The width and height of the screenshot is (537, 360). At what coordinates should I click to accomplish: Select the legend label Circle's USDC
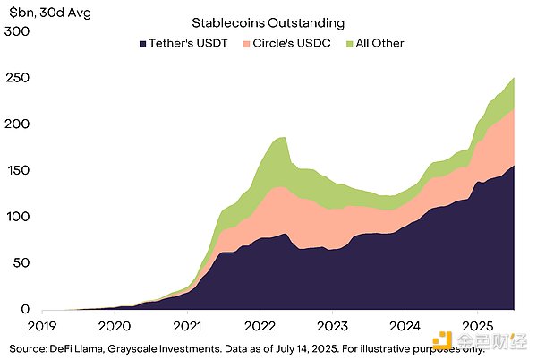click(x=286, y=43)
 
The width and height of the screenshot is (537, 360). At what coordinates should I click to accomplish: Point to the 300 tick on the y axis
click(x=17, y=32)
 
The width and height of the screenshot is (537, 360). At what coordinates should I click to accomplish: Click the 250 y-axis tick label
click(x=17, y=79)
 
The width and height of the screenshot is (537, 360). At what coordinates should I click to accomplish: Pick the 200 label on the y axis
click(x=17, y=125)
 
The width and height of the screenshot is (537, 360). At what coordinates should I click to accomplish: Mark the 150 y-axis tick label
click(x=17, y=171)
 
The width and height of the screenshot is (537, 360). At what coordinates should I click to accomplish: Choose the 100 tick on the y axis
click(x=17, y=218)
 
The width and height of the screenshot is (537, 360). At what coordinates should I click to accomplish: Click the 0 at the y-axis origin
click(x=25, y=310)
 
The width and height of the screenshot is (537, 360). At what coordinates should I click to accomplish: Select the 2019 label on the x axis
click(x=43, y=326)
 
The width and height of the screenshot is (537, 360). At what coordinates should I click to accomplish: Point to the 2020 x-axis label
click(x=115, y=326)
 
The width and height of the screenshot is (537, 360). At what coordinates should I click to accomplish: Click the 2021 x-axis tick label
click(x=188, y=326)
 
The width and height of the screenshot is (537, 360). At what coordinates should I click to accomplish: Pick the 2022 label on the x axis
click(x=260, y=326)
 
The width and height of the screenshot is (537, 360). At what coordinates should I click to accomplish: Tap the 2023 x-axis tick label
click(x=333, y=326)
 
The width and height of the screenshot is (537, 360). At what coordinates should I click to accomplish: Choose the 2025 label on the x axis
click(x=478, y=326)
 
